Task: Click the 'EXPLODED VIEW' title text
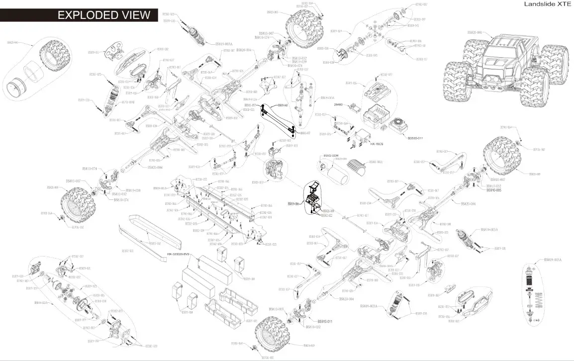(x=103, y=15)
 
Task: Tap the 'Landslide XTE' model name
(x=547, y=4)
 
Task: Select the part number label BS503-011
(x=415, y=138)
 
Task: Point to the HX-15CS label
(x=376, y=143)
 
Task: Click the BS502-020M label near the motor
(x=331, y=156)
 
